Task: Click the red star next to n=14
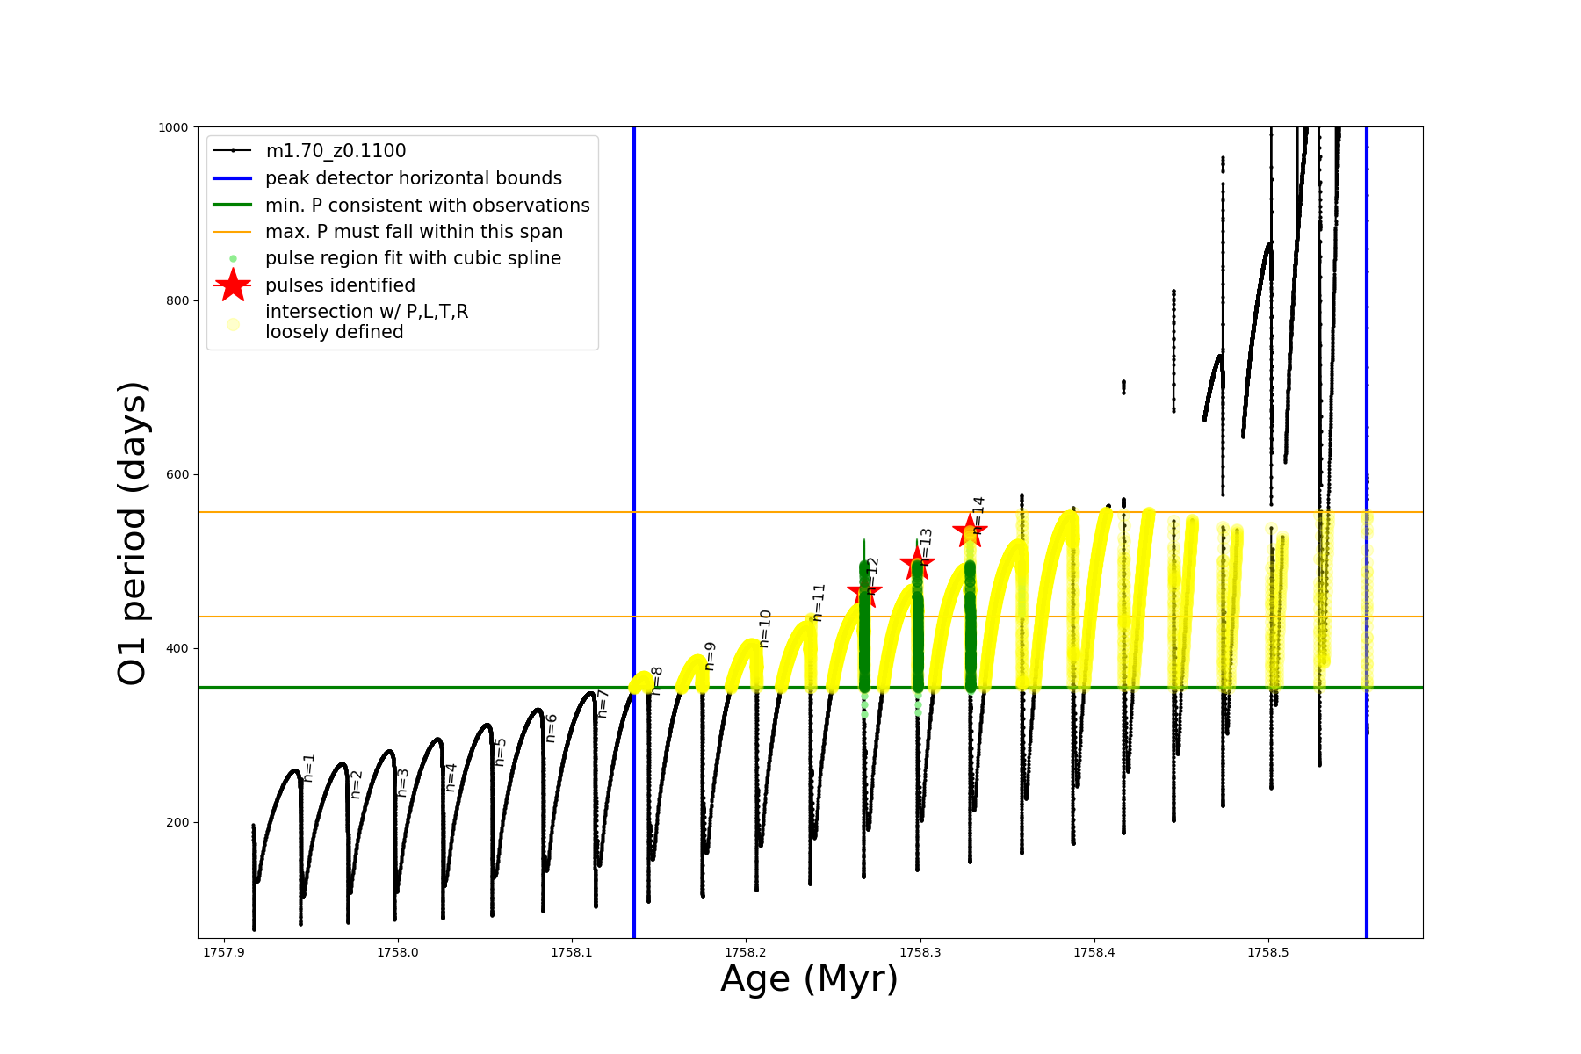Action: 970,530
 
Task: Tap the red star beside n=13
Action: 917,562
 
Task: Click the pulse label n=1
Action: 308,768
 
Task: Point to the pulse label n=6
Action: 552,728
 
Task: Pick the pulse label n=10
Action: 765,629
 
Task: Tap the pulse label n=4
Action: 451,777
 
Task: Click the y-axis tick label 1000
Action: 173,127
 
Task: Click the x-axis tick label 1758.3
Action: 920,952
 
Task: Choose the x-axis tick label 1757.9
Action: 224,952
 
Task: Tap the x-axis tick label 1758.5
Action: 1268,952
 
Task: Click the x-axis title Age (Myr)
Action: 809,979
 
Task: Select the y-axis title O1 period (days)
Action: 133,533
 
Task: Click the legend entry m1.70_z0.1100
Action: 336,151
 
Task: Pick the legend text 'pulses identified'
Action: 340,285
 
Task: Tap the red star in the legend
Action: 233,285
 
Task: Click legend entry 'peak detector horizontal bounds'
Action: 413,178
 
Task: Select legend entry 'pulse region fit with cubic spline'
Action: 413,258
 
